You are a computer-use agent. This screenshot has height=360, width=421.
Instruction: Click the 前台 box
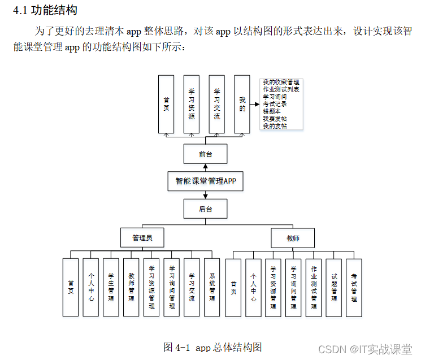[x=206, y=154]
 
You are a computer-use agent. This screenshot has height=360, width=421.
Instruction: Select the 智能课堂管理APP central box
[x=206, y=181]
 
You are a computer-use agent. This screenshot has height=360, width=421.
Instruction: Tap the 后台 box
[x=206, y=209]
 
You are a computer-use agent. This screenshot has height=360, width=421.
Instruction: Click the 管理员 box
[x=142, y=238]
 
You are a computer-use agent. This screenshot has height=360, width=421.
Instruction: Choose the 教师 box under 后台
[x=293, y=238]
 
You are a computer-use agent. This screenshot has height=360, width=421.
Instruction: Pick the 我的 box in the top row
[x=242, y=105]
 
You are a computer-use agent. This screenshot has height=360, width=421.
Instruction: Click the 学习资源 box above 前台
[x=192, y=105]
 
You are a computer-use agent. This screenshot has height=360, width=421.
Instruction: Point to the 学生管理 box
[x=111, y=287]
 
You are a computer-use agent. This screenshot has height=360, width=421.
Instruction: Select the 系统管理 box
[x=212, y=287]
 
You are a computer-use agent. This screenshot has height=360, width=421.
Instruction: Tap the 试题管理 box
[x=334, y=287]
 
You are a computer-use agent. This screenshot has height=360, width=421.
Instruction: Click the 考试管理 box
[x=354, y=287]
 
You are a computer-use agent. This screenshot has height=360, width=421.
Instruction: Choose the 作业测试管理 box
[x=314, y=287]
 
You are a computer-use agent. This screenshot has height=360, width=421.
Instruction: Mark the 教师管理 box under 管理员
[x=131, y=287]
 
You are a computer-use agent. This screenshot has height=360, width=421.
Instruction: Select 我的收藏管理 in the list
[x=281, y=83]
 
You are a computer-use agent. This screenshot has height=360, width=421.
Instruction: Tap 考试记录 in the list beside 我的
[x=275, y=105]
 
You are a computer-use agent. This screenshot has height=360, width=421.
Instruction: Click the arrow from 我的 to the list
[x=255, y=105]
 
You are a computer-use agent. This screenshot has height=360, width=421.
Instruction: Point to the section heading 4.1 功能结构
[x=45, y=10]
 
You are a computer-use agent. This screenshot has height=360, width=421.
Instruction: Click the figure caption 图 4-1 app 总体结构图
[x=212, y=347]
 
